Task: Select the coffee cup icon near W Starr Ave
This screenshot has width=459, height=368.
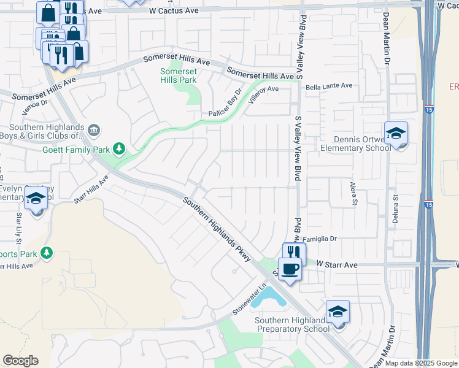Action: (x=290, y=269)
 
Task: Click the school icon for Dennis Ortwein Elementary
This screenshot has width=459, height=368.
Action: (x=396, y=133)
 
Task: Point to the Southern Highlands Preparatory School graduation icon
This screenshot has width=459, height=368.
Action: (x=337, y=312)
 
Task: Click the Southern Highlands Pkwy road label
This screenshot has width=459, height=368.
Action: (x=217, y=229)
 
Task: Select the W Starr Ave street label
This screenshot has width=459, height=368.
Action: (x=336, y=264)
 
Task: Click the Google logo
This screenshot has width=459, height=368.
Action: (x=21, y=361)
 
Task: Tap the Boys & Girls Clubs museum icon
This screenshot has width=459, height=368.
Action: (x=94, y=129)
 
